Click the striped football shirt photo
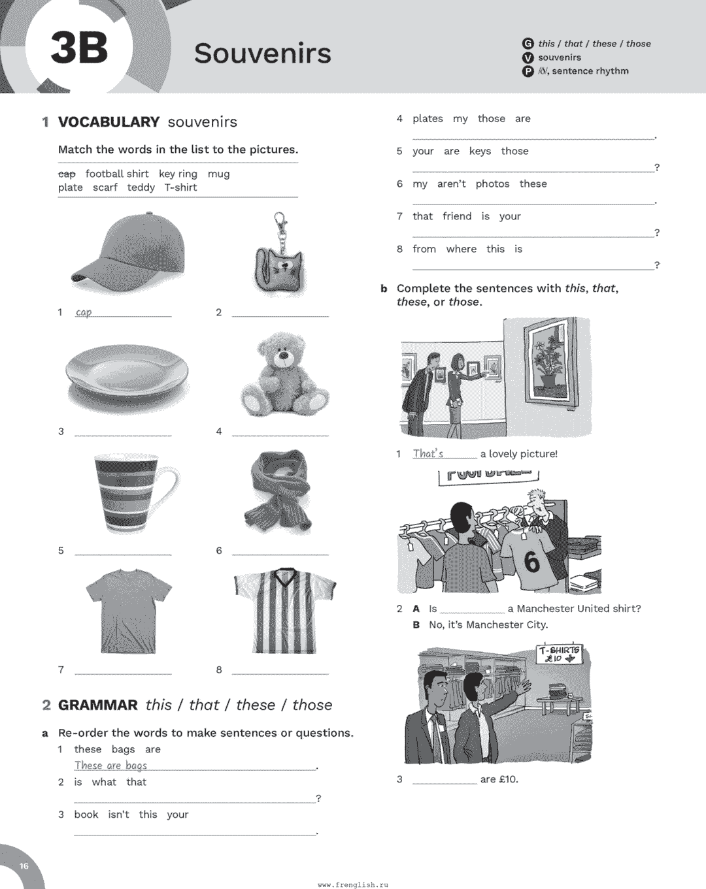[x=284, y=610]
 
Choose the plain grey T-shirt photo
[x=129, y=610]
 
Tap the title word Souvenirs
[x=262, y=54]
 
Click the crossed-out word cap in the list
[x=67, y=174]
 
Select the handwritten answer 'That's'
[x=428, y=453]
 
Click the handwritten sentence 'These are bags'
[x=110, y=766]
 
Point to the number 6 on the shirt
[x=532, y=562]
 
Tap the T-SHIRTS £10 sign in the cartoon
[x=559, y=654]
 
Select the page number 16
[x=24, y=866]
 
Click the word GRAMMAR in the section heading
[x=98, y=705]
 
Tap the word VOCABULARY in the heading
[x=109, y=122]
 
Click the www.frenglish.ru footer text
[x=353, y=884]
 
